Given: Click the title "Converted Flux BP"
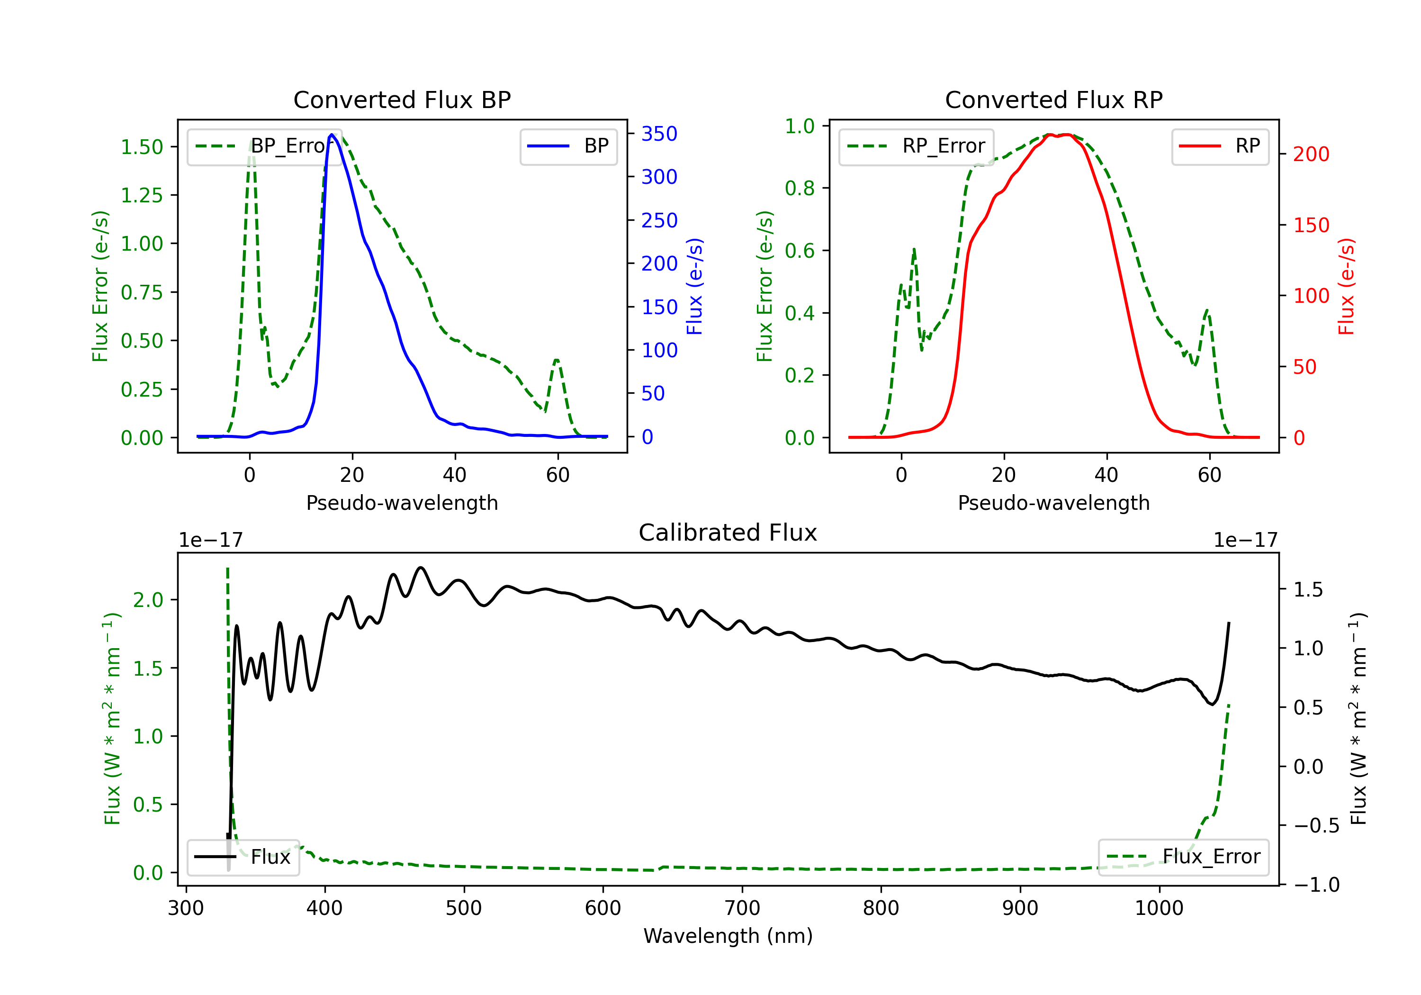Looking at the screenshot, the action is (402, 99).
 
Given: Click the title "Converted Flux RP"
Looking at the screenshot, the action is (1053, 99).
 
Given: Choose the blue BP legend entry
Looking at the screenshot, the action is (568, 146).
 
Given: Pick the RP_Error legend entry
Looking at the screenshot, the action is (916, 146).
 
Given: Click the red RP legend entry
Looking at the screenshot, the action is (1219, 146).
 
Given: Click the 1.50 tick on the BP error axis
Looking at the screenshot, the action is (142, 147).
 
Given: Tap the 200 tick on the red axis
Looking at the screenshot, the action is (1311, 154).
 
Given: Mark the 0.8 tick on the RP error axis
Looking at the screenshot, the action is (800, 188).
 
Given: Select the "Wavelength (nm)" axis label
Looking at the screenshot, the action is (728, 936).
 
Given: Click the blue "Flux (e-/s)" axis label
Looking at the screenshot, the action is (694, 287).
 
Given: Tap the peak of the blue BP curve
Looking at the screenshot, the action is (332, 135).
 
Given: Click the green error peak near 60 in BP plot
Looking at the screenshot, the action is (557, 360).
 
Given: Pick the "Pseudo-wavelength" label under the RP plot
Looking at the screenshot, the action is (1053, 503).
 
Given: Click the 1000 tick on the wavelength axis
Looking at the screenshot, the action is (1159, 908).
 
